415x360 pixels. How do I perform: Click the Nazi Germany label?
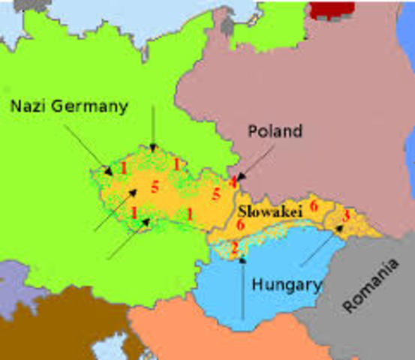[69, 106]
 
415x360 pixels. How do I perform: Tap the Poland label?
[275, 131]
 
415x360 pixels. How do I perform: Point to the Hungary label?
[287, 285]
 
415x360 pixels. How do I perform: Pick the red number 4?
[233, 181]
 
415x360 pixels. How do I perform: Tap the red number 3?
[345, 215]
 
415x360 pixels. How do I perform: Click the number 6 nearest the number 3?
[314, 204]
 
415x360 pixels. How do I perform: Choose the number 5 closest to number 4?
[216, 194]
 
